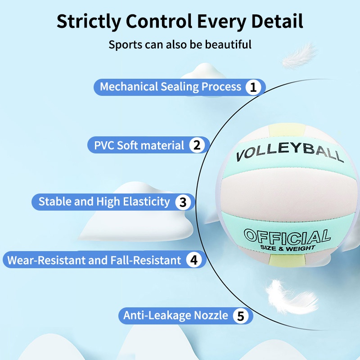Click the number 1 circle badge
(x=254, y=87)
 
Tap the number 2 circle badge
(x=196, y=145)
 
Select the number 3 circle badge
(x=183, y=202)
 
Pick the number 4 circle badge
(x=194, y=260)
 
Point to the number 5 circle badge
(x=241, y=316)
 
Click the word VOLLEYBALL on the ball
(x=290, y=154)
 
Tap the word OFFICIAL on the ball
(x=287, y=237)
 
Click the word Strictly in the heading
(x=86, y=21)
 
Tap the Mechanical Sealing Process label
(x=171, y=87)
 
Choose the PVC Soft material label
(x=139, y=145)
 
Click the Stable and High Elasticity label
(x=104, y=202)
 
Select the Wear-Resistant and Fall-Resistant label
(x=94, y=260)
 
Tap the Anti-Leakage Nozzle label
(x=176, y=316)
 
